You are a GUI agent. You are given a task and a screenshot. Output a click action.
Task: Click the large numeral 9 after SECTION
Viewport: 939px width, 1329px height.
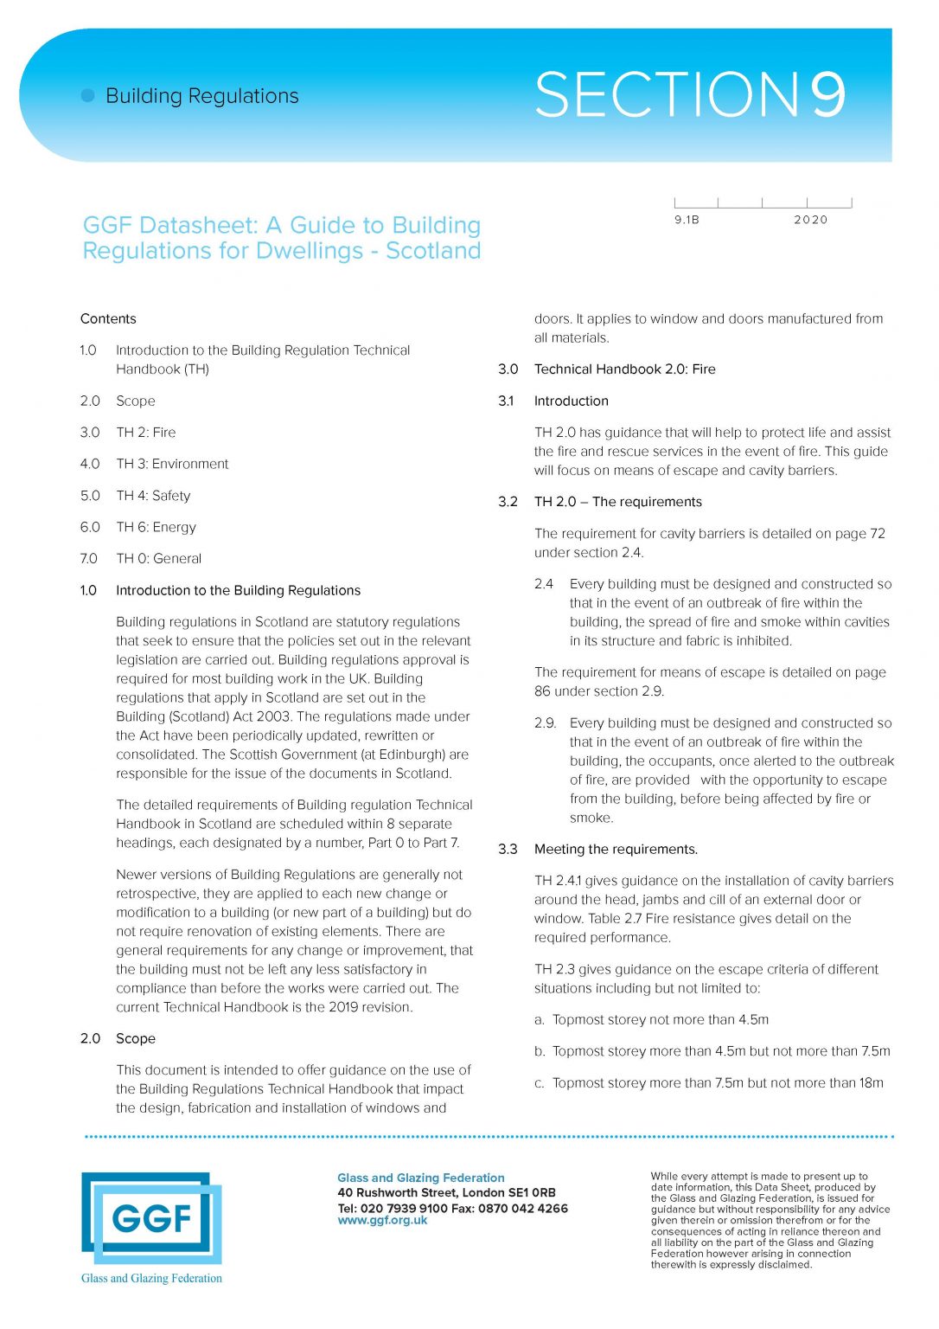[x=827, y=94]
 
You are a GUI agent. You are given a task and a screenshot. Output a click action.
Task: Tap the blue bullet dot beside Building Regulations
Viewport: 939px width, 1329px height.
[x=87, y=95]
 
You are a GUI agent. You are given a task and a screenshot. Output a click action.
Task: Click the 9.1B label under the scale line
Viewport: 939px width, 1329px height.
[x=687, y=220]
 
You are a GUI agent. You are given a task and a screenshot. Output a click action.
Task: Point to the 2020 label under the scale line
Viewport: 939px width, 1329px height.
[x=810, y=220]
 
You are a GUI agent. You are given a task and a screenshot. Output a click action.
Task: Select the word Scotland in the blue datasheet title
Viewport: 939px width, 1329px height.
[x=433, y=251]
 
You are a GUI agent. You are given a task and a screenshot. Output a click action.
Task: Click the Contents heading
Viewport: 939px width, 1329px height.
[x=108, y=318]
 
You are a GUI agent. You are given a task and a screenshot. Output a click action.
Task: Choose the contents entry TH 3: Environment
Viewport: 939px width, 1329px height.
[x=172, y=464]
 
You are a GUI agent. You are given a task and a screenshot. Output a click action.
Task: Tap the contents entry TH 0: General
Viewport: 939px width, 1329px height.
[x=158, y=559]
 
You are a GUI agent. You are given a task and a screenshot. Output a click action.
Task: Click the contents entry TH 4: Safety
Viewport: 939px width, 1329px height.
[x=153, y=496]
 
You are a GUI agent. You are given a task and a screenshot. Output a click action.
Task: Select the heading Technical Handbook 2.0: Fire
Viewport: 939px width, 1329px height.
[x=624, y=369]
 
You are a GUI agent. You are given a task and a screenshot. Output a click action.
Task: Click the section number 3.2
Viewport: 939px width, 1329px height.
[x=508, y=502]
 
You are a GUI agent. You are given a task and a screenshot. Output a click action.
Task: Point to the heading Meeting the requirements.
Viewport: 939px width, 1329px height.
[x=616, y=850]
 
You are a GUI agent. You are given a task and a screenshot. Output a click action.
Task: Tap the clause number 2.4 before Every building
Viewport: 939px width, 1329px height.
[x=543, y=584]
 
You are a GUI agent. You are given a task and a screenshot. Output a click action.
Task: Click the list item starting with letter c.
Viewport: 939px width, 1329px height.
[x=709, y=1083]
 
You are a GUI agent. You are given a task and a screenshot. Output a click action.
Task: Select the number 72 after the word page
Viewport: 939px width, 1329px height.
[x=877, y=534]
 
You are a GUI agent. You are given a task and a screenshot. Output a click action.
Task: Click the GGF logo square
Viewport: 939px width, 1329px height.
[x=151, y=1218]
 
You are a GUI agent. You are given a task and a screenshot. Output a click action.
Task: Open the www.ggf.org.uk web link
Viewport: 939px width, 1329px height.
[x=382, y=1221]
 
